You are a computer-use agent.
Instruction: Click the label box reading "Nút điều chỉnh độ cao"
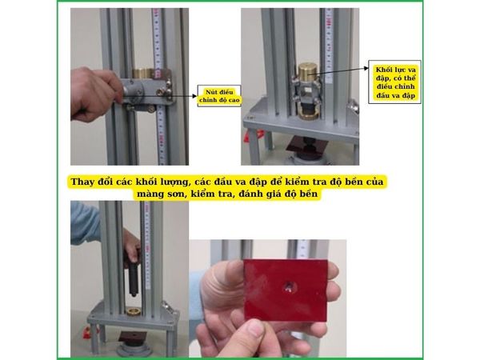pyautogui.click(x=219, y=96)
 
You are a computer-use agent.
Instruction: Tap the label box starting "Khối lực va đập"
pyautogui.click(x=394, y=82)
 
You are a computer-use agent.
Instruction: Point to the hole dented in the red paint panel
pyautogui.click(x=289, y=287)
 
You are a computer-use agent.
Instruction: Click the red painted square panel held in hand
pyautogui.click(x=286, y=290)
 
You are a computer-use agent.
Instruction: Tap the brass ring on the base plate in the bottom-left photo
pyautogui.click(x=134, y=312)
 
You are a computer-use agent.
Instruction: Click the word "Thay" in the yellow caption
pyautogui.click(x=82, y=182)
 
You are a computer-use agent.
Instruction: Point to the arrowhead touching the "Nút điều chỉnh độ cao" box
pyautogui.click(x=194, y=96)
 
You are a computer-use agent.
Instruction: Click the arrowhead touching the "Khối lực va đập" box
pyautogui.click(x=366, y=68)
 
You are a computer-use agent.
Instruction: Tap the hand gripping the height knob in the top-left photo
pyautogui.click(x=95, y=94)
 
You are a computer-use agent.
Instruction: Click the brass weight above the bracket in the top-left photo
pyautogui.click(x=142, y=73)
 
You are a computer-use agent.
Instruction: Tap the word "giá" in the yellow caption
pyautogui.click(x=272, y=194)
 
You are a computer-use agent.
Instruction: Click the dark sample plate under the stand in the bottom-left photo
pyautogui.click(x=133, y=337)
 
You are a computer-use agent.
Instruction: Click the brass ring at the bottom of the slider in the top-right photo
pyautogui.click(x=308, y=115)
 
